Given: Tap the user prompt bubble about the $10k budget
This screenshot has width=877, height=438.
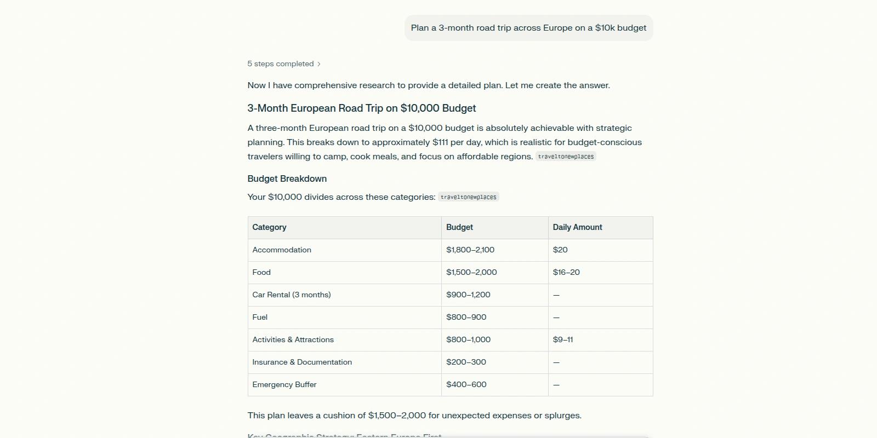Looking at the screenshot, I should point(528,28).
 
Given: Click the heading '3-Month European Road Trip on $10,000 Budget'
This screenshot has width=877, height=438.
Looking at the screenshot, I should point(361,108).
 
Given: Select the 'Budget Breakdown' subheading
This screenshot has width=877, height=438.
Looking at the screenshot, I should point(287,178).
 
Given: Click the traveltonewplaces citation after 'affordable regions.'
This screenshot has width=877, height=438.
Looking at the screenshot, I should point(566,157).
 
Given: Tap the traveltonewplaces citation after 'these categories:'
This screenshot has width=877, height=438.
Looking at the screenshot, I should point(468,197).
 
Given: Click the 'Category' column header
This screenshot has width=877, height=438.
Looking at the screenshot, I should point(269,227).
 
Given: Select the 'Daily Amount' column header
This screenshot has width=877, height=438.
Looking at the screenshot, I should point(577,227).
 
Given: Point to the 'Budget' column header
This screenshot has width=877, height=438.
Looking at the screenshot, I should point(459,227).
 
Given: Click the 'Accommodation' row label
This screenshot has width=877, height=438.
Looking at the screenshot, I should point(282,250).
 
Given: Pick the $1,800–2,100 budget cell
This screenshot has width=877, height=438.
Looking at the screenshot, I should point(470,250).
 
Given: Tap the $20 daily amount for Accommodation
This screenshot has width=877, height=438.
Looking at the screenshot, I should point(560,250).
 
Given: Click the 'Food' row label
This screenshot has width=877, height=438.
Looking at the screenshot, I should point(261,272).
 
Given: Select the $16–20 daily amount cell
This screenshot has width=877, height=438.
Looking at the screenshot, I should point(566,272).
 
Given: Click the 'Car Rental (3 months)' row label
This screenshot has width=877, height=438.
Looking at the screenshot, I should point(292,295).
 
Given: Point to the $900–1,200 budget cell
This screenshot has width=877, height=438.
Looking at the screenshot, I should point(468,295).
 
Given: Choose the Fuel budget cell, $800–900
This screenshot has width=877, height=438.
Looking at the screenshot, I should point(466,317).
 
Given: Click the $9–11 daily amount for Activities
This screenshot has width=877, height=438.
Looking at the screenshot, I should point(563,339).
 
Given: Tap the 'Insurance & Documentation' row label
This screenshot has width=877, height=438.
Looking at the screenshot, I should point(302,362).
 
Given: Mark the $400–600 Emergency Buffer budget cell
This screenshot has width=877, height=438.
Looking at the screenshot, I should point(466,384).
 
